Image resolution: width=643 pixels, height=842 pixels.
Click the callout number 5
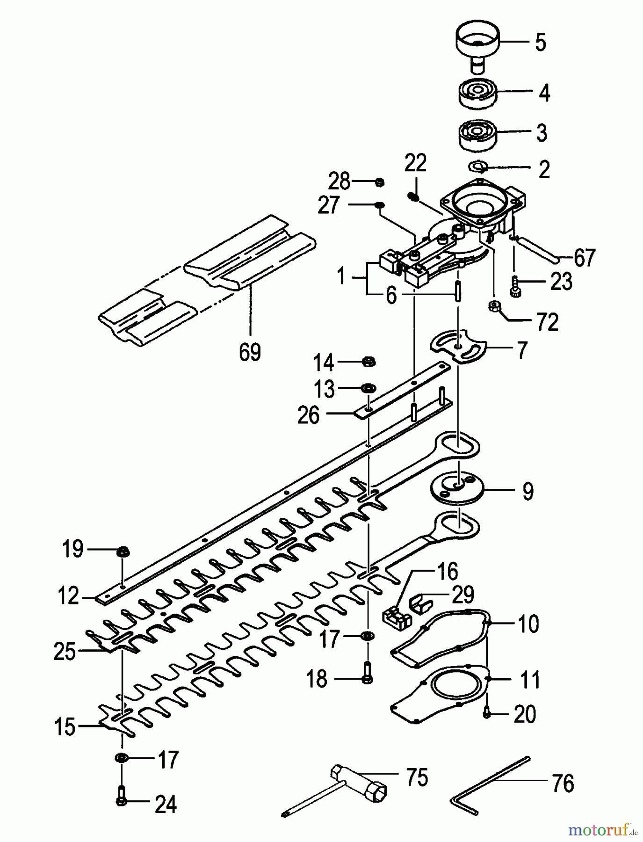click(x=541, y=43)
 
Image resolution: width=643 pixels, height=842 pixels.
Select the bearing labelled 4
click(x=477, y=94)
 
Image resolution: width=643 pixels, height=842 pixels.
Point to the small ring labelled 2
click(x=478, y=166)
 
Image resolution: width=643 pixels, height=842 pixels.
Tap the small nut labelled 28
click(x=380, y=181)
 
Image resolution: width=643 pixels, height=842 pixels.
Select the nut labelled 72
click(x=493, y=306)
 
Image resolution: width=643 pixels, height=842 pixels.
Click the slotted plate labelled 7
click(x=458, y=347)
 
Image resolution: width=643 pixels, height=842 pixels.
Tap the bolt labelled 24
click(x=121, y=801)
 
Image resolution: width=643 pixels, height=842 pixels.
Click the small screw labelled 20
click(x=487, y=713)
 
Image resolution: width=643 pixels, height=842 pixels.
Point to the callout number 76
click(x=563, y=783)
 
